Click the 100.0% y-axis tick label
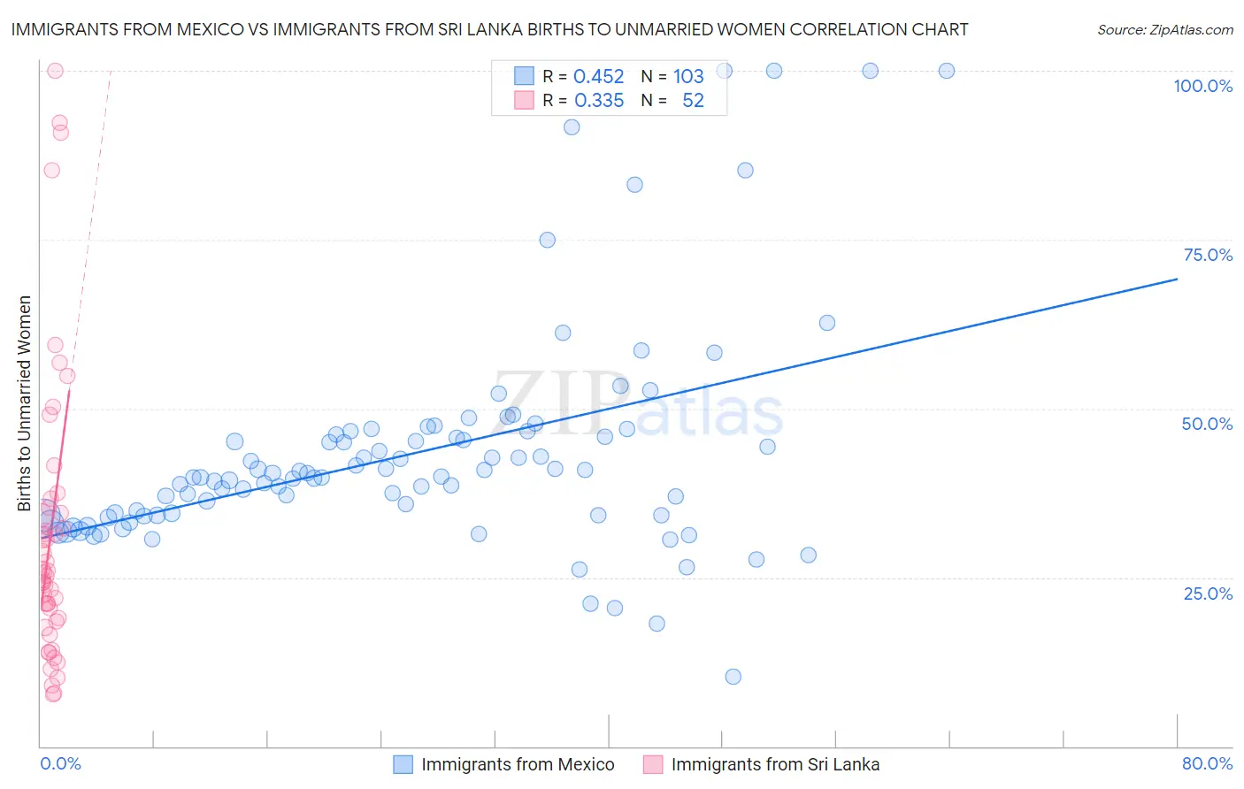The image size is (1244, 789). coord(1202,86)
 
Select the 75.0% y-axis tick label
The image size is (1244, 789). coord(1208,255)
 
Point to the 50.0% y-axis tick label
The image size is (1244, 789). coord(1207,424)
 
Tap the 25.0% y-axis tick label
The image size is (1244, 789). coord(1208,593)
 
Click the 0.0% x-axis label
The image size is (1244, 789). coord(60,763)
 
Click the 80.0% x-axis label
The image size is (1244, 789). coord(1207,763)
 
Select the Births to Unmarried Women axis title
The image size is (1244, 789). coord(25,403)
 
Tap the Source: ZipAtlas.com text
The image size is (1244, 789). coord(1164,29)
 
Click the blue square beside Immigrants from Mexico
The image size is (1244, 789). coord(403,764)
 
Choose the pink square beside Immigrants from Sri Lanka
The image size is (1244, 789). coord(653,764)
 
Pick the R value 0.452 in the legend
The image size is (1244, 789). coord(599,76)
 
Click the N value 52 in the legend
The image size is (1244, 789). coord(693,101)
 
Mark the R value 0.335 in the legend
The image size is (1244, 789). coord(599,101)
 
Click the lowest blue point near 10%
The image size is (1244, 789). coord(733,677)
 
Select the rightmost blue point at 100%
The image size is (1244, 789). coord(947,71)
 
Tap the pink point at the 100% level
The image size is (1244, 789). coord(55,71)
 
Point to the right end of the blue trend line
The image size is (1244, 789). coord(1177,279)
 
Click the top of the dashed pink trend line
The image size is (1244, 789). coord(111,71)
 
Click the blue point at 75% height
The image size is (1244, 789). coord(548,240)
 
